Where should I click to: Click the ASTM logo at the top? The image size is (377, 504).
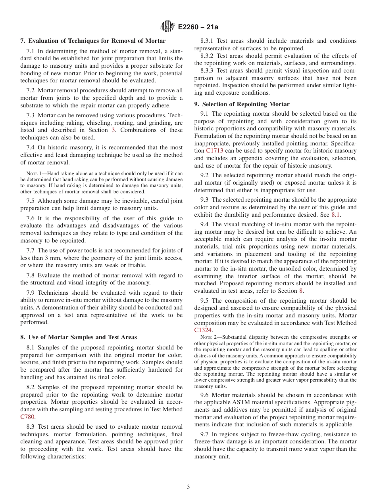pos(167,27)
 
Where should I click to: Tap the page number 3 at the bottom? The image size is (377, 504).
pos(188,487)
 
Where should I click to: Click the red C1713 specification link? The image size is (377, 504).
pos(217,151)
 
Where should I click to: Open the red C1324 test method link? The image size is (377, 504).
pos(203,330)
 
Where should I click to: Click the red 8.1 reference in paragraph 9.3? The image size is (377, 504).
pos(336,215)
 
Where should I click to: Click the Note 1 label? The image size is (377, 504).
pos(32,174)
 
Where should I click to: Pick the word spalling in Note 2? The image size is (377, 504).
pos(327,349)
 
